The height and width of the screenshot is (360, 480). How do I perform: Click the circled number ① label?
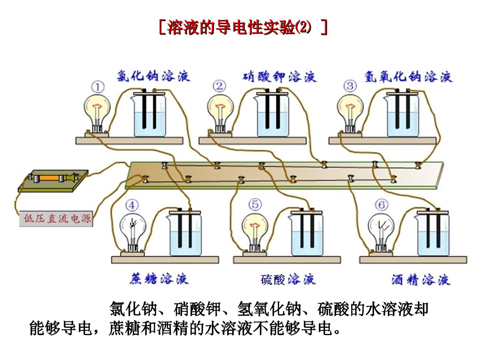98,87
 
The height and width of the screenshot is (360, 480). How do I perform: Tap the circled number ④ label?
132,205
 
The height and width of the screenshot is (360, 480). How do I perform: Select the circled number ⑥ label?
382,205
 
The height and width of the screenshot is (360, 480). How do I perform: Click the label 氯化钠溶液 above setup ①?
153,76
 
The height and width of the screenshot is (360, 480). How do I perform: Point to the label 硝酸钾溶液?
279,77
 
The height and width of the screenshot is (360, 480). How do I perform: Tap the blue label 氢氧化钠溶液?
408,77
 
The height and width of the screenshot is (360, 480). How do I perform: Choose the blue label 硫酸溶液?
288,279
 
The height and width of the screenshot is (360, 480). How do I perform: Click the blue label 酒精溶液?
421,280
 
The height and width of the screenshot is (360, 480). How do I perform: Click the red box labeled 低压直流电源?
56,219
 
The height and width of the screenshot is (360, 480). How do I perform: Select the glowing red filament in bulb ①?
97,106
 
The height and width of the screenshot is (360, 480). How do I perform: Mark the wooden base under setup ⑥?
413,260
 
